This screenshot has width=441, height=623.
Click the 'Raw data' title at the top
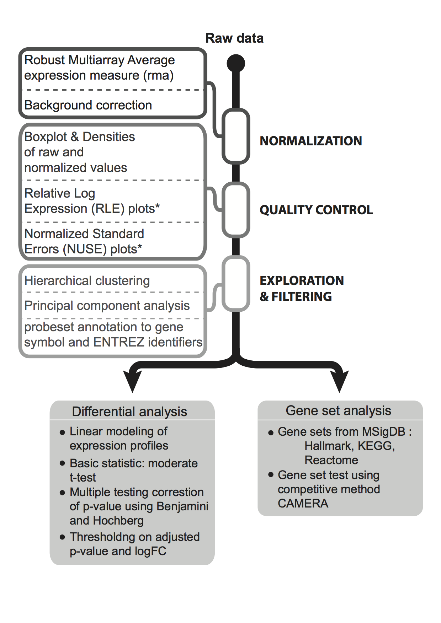234,38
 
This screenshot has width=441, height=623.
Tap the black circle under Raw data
236,64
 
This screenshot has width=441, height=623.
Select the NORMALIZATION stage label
311,141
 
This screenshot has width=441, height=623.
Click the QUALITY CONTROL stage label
316,210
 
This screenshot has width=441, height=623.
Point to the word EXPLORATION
302,281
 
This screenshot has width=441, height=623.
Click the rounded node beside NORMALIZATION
236,136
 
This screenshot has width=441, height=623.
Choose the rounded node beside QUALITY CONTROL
236,210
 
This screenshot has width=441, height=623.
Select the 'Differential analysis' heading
129,412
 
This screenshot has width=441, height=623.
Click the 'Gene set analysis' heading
338,411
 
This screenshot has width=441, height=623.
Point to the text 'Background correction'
88,105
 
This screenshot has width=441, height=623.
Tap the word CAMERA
303,504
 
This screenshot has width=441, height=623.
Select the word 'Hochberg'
118,521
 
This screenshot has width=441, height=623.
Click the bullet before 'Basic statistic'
63,463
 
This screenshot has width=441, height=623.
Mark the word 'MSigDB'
383,432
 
